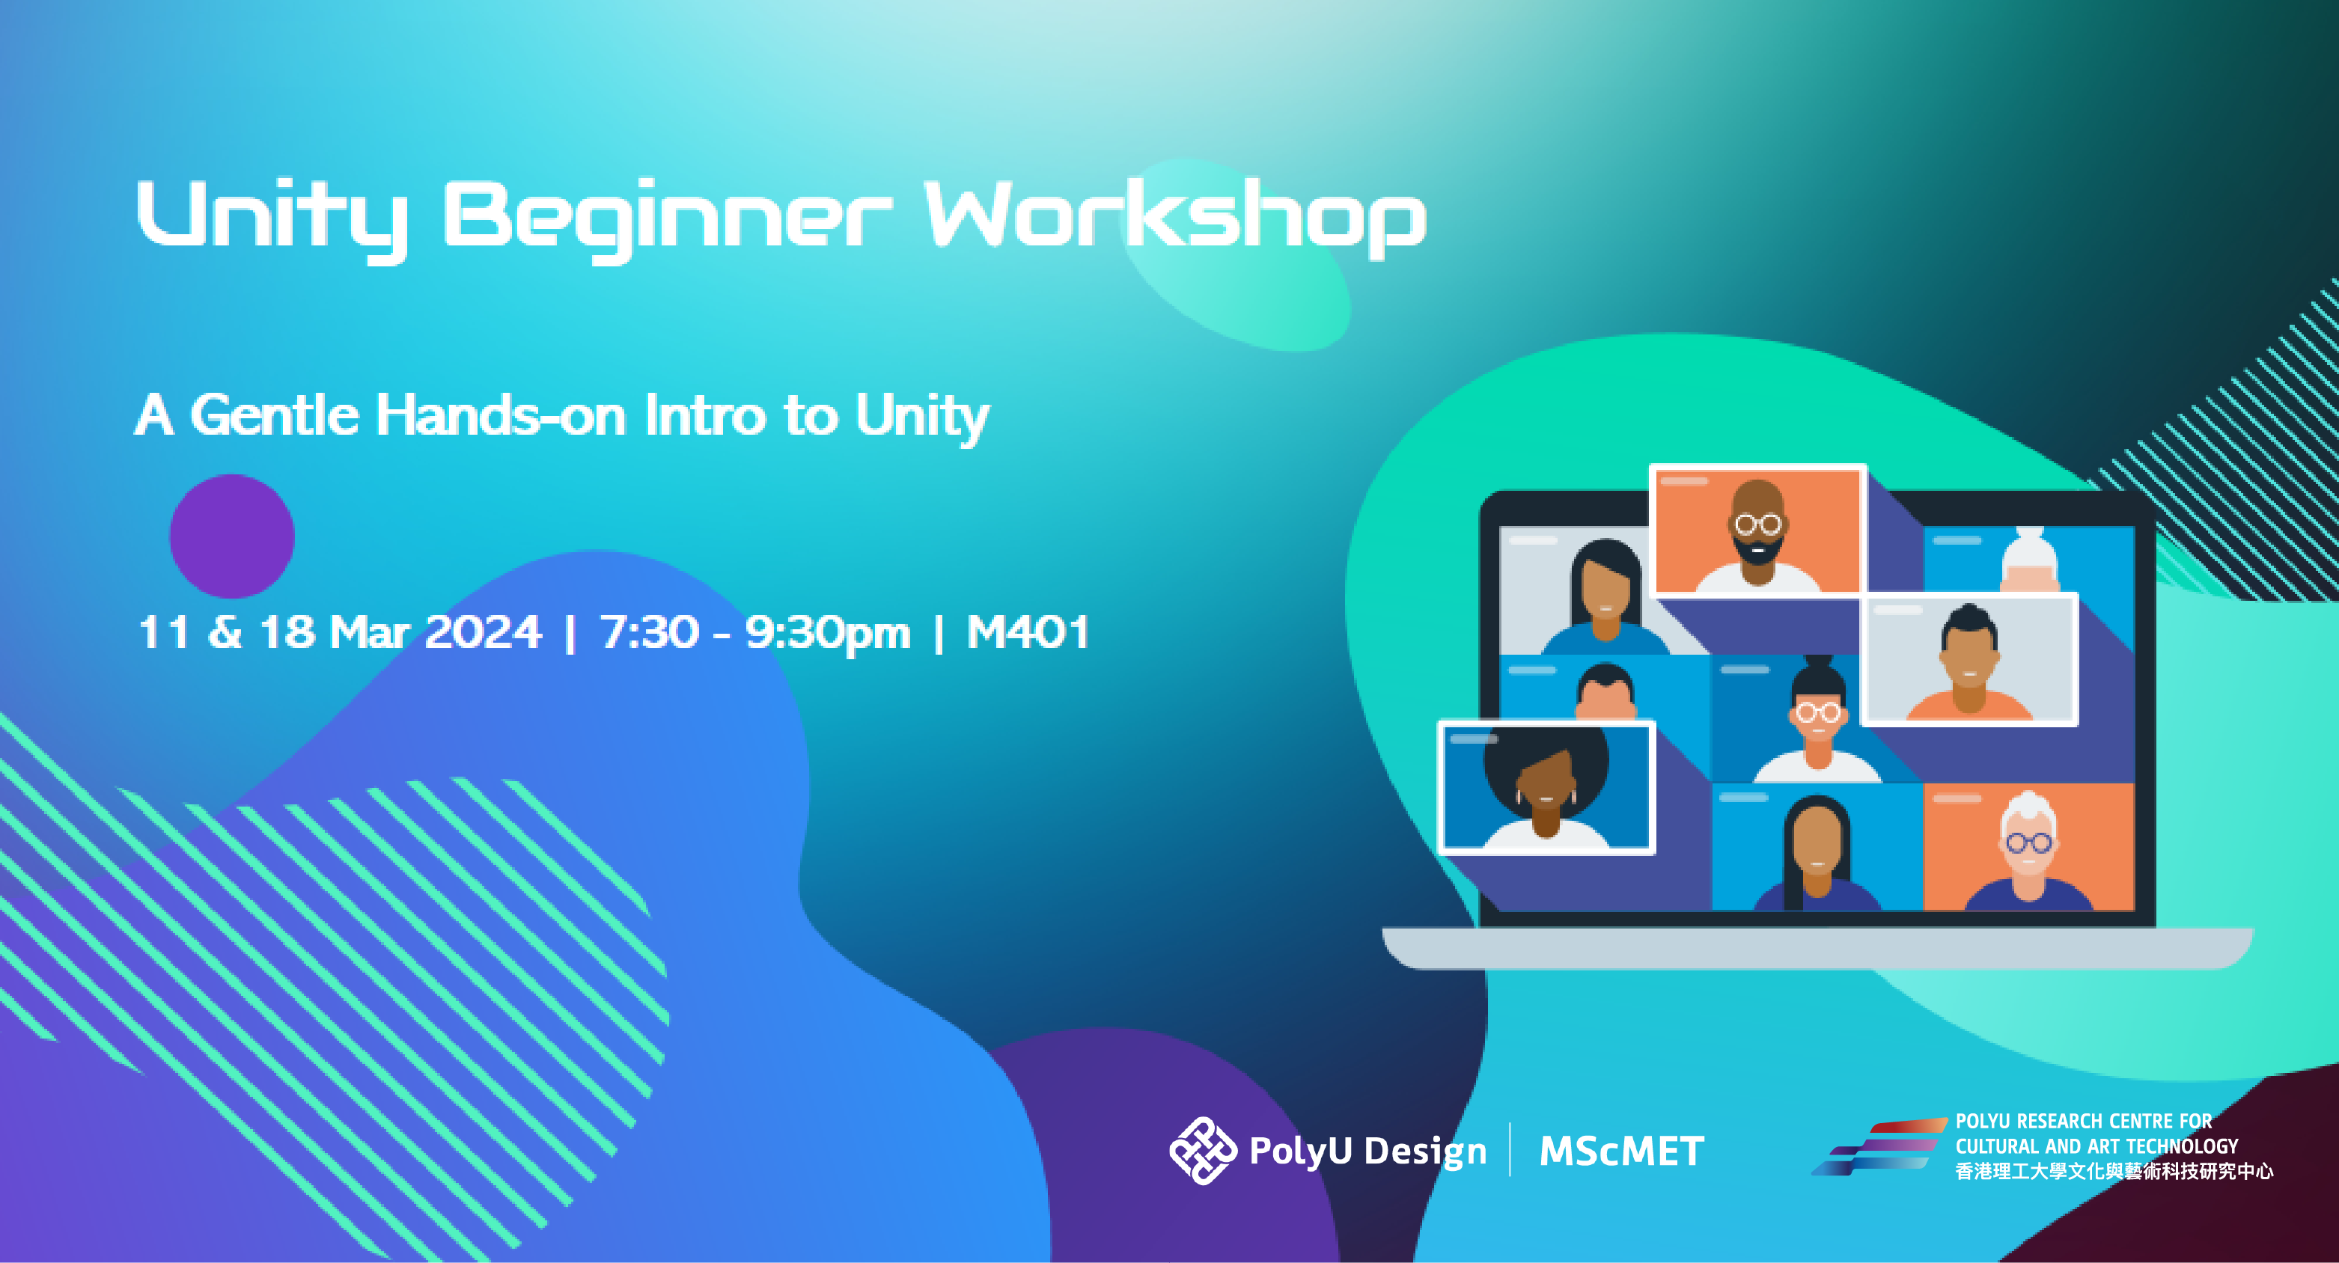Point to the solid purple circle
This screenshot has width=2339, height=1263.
[233, 536]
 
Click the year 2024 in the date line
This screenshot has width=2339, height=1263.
[482, 632]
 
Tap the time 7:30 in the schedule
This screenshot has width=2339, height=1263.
[649, 632]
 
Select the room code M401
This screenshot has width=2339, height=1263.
[1027, 632]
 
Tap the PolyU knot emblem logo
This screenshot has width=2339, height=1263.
[1202, 1151]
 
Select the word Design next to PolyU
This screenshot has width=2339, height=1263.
[1426, 1152]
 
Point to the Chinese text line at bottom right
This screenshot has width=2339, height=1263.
[2114, 1171]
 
